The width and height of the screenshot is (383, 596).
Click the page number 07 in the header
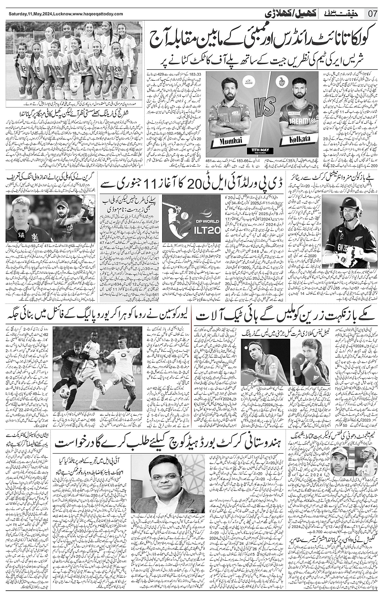pos(373,13)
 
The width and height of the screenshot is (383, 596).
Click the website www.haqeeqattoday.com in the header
pos(97,14)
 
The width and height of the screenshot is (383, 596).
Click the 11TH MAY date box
pos(262,151)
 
